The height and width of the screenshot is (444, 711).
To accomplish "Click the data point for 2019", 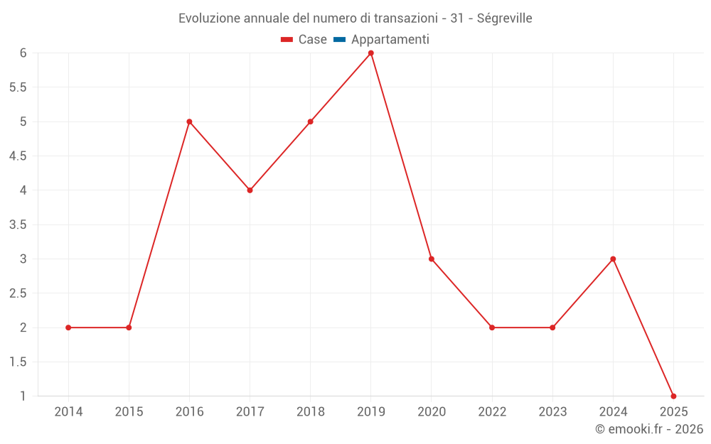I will point(371,53).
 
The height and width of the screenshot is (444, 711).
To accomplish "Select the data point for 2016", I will point(189,121).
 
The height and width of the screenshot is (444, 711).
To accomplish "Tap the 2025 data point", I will point(673,396).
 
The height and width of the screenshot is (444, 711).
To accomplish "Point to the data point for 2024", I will point(613,259).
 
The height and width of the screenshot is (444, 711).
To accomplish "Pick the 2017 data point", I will point(250,190).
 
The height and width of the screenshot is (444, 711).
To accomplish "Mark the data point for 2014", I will point(68,327).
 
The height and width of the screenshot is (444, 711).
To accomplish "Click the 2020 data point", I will point(432,259).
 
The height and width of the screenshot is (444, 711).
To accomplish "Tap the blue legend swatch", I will point(339,40).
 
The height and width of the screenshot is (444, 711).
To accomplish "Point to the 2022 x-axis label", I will point(492,412).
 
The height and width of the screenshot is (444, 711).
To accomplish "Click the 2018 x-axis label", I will point(311,412).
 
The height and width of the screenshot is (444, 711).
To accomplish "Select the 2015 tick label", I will point(129,412).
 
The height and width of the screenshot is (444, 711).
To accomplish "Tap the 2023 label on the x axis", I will point(552,412).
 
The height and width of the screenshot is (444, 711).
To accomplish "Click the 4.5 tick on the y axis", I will point(18,156).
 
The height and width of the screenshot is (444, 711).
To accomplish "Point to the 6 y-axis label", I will point(23,53).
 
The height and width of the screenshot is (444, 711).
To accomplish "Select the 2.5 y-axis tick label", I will point(18,293).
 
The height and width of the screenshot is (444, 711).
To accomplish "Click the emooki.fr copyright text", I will point(649,429).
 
